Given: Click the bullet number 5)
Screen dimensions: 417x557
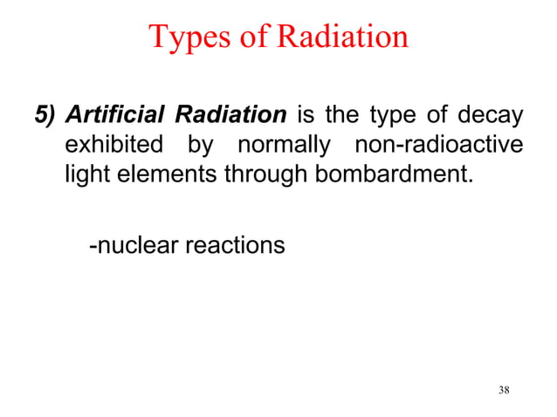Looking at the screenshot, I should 44,115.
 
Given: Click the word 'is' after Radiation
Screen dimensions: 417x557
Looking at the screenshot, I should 307,115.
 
